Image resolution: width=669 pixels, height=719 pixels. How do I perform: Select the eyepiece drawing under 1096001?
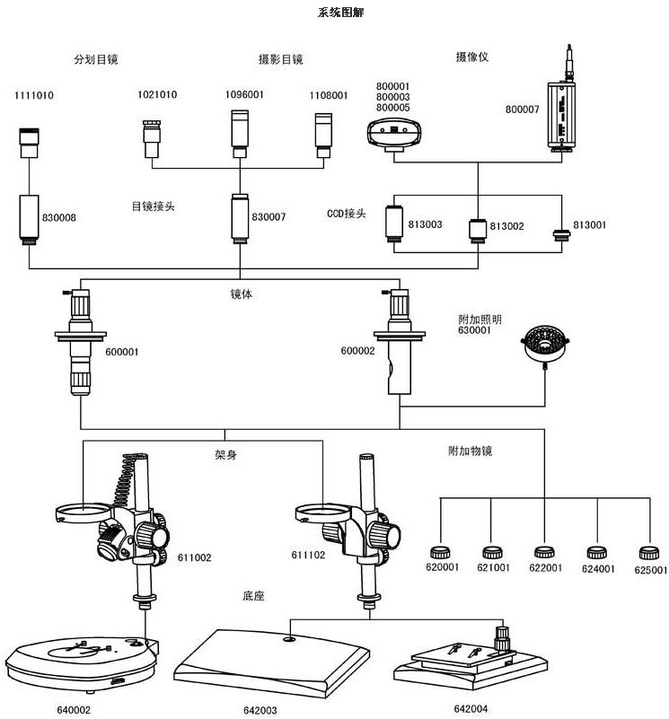point(240,130)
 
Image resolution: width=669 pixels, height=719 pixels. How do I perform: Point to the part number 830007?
point(268,217)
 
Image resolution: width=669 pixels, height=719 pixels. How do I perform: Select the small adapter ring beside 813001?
point(562,236)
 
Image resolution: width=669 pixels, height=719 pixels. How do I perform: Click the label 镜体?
point(241,294)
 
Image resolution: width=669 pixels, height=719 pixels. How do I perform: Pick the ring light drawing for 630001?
point(547,345)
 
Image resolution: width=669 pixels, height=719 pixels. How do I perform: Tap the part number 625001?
point(651,569)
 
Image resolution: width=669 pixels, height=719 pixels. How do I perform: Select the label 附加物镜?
point(470,452)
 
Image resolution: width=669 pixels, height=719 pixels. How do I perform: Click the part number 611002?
point(195,558)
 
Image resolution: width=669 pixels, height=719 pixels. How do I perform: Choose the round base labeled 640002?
point(81,665)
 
